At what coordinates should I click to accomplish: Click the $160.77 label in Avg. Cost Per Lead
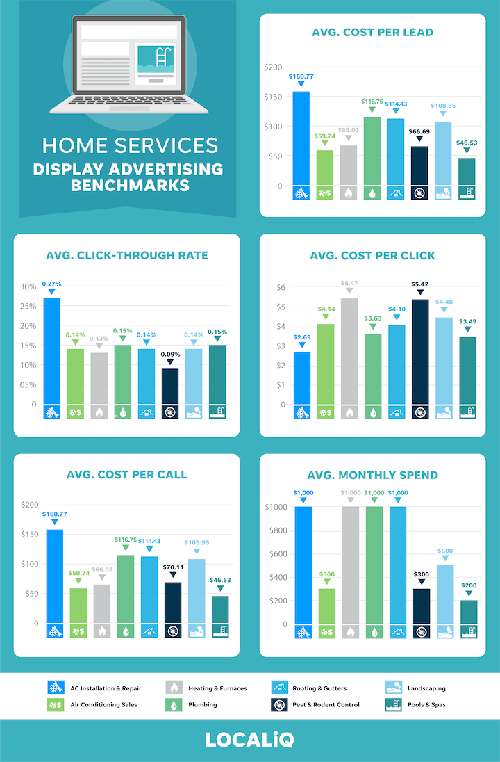301,75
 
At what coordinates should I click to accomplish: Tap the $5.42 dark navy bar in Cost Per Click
420,351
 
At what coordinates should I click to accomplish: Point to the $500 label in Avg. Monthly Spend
444,550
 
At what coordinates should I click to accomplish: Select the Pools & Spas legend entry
421,704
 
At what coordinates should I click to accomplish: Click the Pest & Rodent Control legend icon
279,704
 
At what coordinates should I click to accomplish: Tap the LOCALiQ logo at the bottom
249,740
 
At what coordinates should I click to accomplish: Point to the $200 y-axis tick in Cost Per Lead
273,67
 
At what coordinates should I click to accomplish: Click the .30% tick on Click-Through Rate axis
28,286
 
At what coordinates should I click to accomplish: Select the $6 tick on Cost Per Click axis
281,287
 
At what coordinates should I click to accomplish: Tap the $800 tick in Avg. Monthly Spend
276,530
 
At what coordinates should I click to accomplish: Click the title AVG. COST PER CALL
126,475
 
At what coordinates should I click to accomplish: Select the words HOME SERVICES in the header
130,145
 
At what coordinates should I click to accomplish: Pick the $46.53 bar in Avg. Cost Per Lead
467,172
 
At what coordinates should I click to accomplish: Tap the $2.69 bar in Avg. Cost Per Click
302,378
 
